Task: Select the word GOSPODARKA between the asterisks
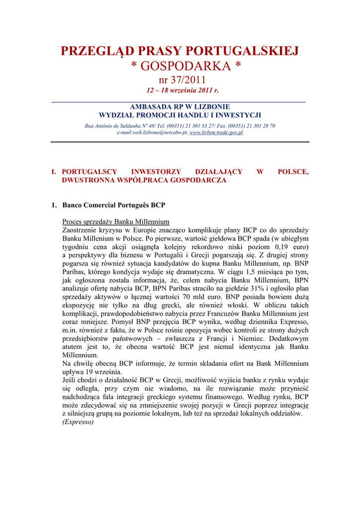pos(180,66)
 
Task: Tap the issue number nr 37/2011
pos(180,80)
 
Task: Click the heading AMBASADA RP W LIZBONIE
pos(180,106)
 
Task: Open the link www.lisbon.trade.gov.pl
pos(216,133)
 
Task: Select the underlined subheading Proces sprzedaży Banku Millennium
pos(116,222)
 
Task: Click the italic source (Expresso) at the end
pos(78,423)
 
